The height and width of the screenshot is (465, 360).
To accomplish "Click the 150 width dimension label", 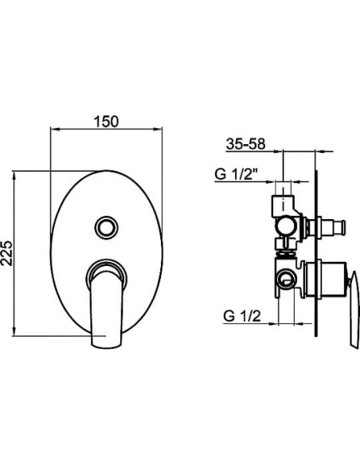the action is tap(106, 121).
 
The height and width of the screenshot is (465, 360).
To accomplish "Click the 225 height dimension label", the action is tap(7, 253).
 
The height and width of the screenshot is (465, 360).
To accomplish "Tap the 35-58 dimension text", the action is tap(245, 144).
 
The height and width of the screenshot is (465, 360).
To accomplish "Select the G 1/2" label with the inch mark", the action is tap(236, 174).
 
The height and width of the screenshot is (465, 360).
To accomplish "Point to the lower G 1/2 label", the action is tap(242, 316).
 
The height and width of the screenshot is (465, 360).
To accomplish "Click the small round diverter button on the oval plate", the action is tap(106, 228).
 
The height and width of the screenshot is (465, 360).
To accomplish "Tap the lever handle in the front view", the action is tap(106, 307).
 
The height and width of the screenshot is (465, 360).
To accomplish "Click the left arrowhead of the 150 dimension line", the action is tap(55, 129).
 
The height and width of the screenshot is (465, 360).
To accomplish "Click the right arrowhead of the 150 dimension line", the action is tap(158, 129).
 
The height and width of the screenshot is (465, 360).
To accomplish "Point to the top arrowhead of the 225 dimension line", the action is tap(14, 175).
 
